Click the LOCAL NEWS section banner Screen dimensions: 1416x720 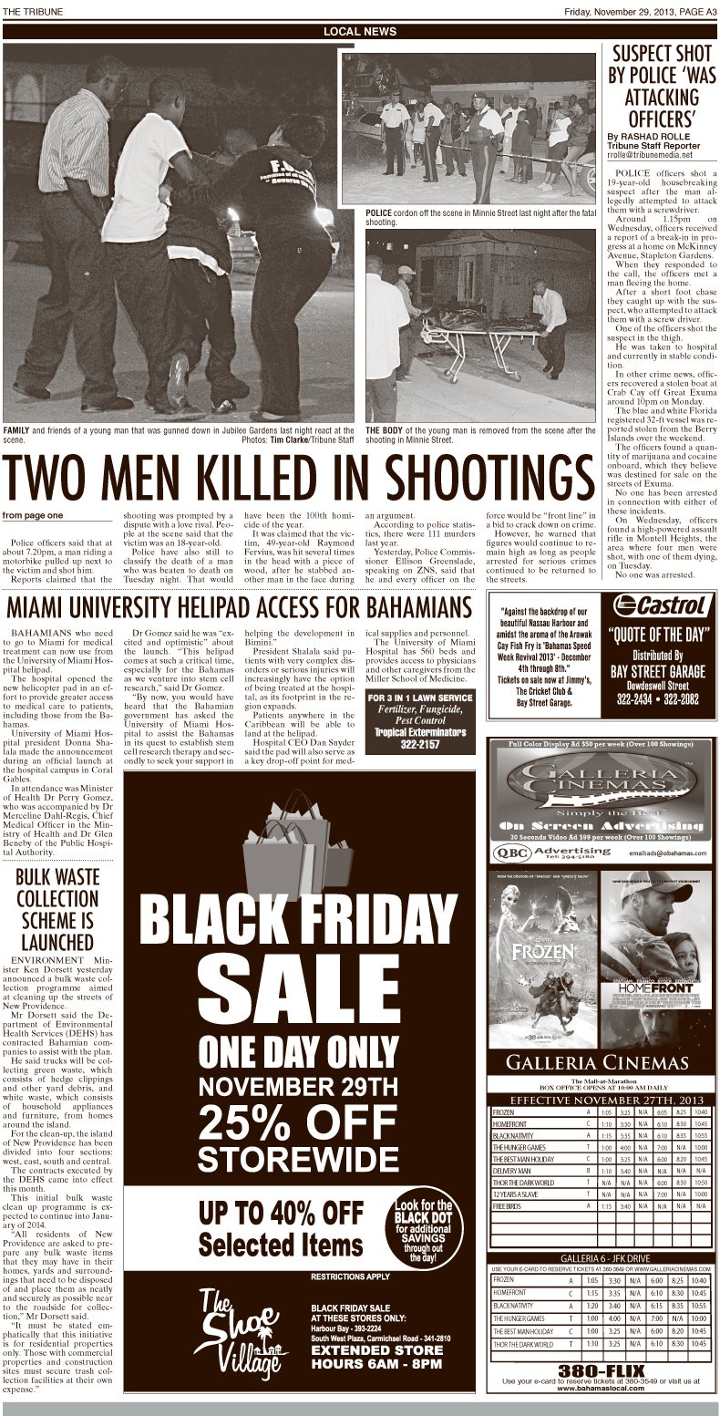click(360, 31)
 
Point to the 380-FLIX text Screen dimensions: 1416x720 click(601, 1370)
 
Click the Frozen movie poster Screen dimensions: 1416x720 click(543, 957)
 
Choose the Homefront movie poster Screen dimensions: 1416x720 click(654, 957)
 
